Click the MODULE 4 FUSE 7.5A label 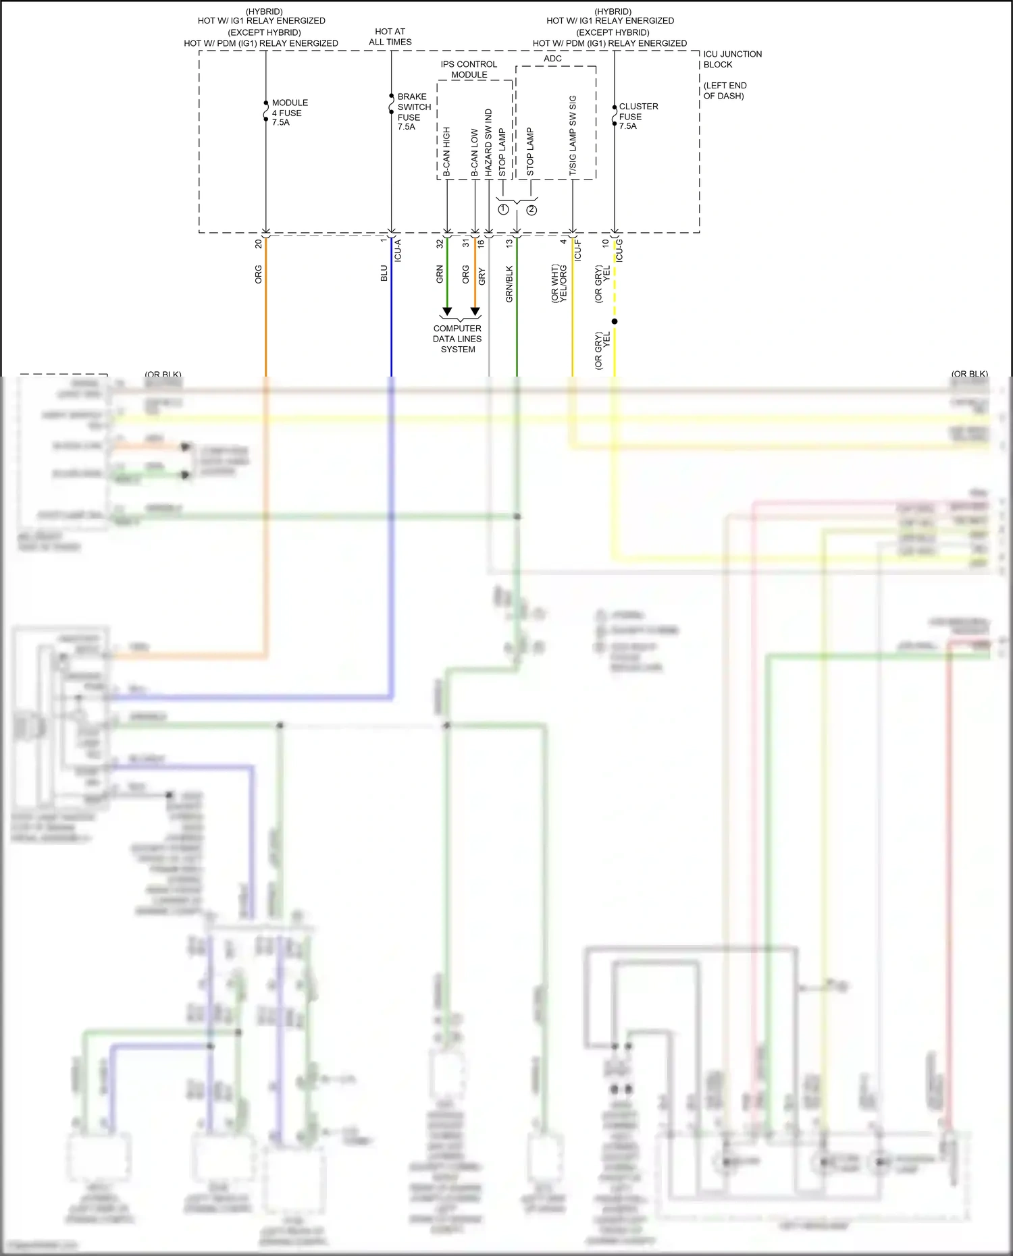(x=289, y=113)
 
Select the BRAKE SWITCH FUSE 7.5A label (x=413, y=111)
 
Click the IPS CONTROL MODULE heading (x=469, y=70)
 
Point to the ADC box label (x=552, y=59)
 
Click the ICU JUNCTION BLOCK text (x=732, y=59)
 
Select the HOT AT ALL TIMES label (x=390, y=36)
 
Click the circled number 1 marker (x=503, y=210)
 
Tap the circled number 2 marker (x=531, y=210)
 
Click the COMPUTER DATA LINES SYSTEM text (x=457, y=339)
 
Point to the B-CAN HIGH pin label (x=446, y=153)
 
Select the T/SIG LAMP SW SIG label (x=573, y=136)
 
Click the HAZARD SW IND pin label (x=488, y=143)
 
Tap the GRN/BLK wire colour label (x=509, y=283)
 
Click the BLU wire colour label (x=384, y=273)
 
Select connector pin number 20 (x=258, y=244)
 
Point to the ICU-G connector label (x=619, y=250)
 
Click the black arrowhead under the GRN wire (x=447, y=312)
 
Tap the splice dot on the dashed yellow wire (x=615, y=321)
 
